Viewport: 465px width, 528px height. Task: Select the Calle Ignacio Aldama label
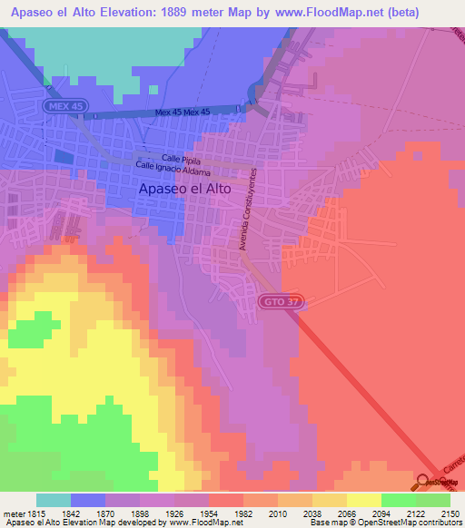tap(173, 171)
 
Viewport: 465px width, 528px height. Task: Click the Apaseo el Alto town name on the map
tap(185, 191)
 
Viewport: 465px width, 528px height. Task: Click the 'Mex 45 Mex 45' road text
tap(182, 112)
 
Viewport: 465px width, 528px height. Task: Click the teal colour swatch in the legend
tap(54, 500)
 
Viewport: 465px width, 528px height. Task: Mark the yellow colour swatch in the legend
tap(363, 500)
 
